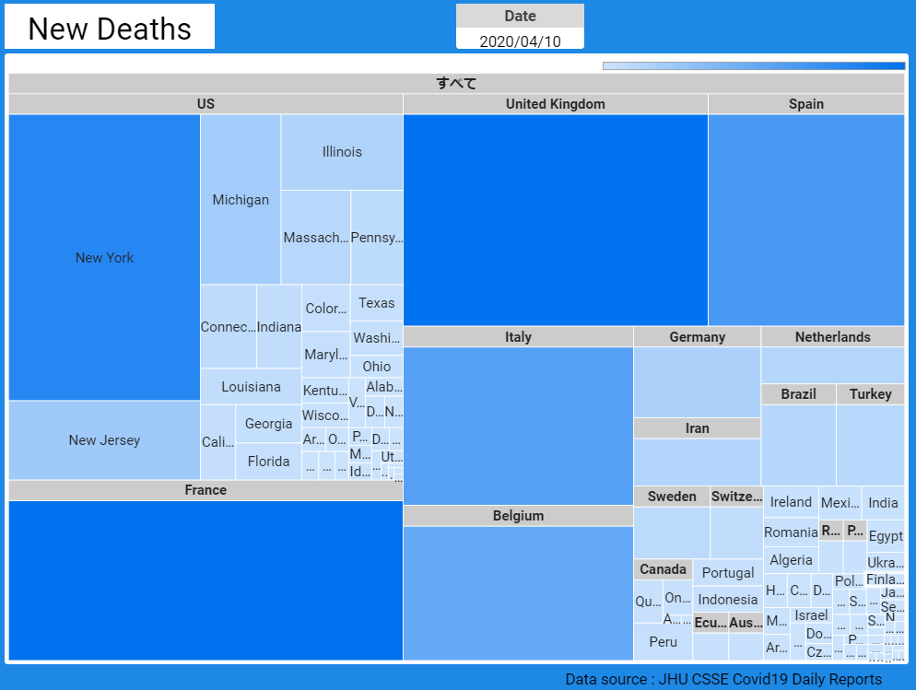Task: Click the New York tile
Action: [x=104, y=258]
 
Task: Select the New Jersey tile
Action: [x=104, y=440]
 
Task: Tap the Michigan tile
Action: [x=241, y=200]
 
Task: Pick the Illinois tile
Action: [x=342, y=152]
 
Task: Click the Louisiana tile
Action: [x=251, y=387]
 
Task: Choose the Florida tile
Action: [x=269, y=462]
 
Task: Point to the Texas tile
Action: [x=376, y=303]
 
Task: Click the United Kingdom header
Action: [x=555, y=104]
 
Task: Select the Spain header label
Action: [x=805, y=104]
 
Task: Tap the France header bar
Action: [x=206, y=490]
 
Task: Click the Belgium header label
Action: [x=518, y=516]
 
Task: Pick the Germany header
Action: [x=697, y=337]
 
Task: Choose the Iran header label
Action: [x=697, y=428]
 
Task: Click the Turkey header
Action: [x=870, y=394]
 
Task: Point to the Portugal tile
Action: [x=728, y=573]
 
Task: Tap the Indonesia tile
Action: [x=728, y=600]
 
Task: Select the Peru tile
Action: [x=663, y=642]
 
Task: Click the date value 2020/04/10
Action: [x=520, y=41]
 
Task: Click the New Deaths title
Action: [x=110, y=29]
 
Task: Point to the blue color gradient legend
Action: [x=753, y=66]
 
